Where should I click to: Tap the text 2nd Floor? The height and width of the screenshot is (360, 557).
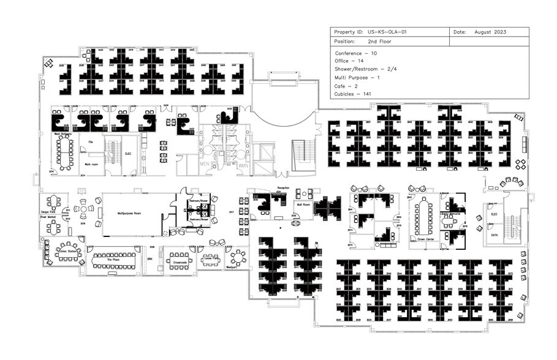pos(379,42)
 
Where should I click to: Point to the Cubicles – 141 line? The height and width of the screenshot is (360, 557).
pos(354,94)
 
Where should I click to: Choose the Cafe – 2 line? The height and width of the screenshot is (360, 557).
pos(348,86)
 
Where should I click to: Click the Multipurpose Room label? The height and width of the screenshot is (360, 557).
pos(129,214)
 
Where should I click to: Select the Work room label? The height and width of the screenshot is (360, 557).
pos(91,164)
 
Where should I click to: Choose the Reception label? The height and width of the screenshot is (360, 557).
pos(282,188)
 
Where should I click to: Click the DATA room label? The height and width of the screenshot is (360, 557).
pos(494,234)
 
